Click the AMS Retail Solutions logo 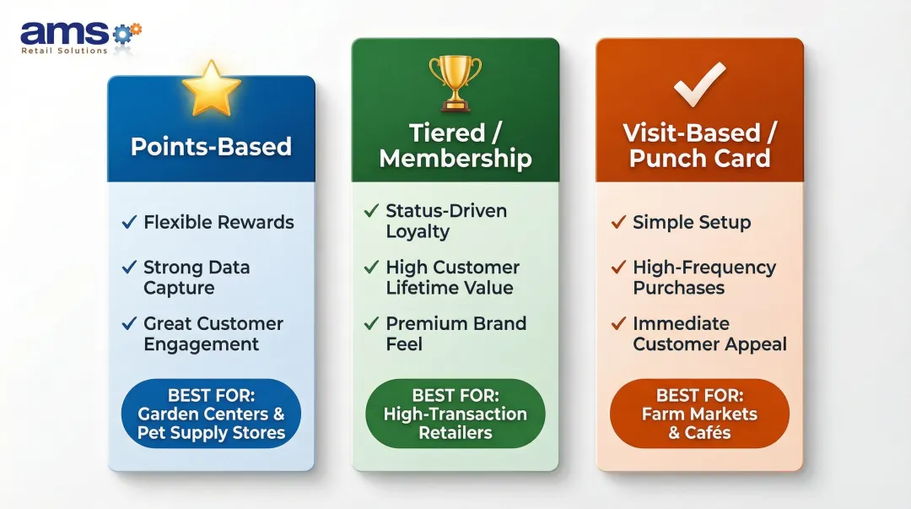[x=81, y=36]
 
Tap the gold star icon [x=211, y=88]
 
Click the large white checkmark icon [x=699, y=83]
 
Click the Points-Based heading [x=211, y=146]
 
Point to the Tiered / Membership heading [x=455, y=145]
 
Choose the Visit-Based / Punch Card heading [x=700, y=145]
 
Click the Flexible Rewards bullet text [x=218, y=223]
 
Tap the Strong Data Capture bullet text [x=197, y=278]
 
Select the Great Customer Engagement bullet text [x=213, y=333]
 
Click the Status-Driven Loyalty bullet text [x=445, y=221]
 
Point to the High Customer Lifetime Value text [x=452, y=278]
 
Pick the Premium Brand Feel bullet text [x=455, y=333]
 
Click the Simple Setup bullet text [x=692, y=223]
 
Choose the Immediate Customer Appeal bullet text [x=709, y=333]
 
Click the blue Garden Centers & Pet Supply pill [x=211, y=414]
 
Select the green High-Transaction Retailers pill [x=455, y=414]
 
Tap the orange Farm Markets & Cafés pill [x=699, y=414]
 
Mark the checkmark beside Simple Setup [x=618, y=223]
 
